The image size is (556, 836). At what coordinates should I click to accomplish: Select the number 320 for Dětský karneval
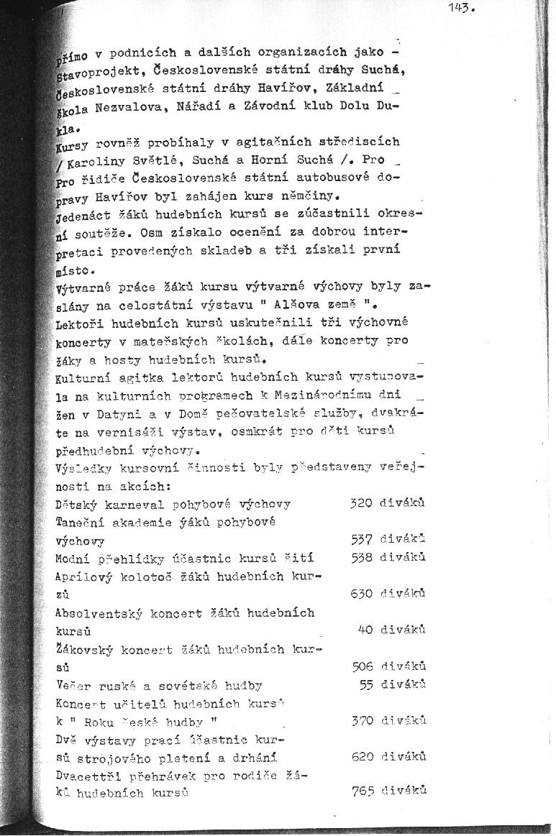[360, 503]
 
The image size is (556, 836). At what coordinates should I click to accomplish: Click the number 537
[361, 539]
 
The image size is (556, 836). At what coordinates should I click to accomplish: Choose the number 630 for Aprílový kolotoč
[361, 594]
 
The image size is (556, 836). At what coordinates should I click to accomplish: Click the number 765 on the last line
[362, 791]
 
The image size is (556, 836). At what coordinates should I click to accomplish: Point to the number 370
[362, 720]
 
